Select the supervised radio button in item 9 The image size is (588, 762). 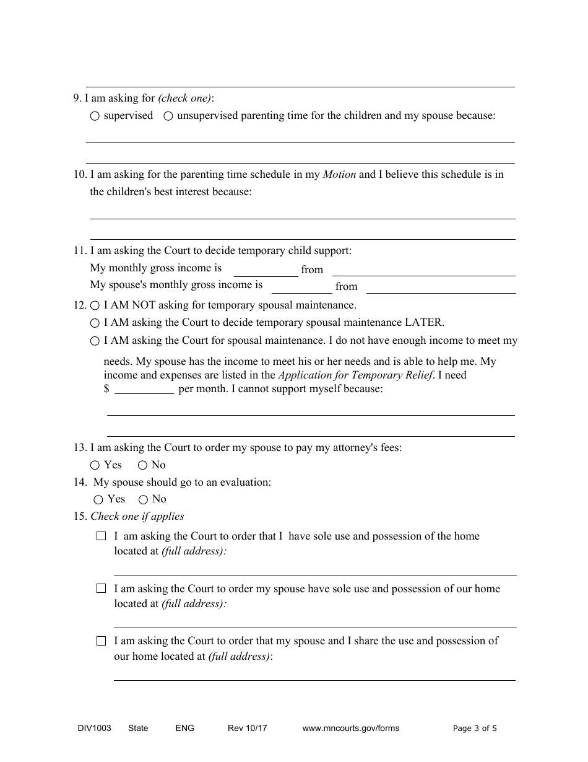pyautogui.click(x=95, y=116)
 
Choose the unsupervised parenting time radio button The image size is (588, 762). pyautogui.click(x=168, y=116)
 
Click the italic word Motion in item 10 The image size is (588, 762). pyautogui.click(x=339, y=175)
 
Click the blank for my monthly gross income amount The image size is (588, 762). pyautogui.click(x=266, y=270)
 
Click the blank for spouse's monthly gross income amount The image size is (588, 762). pyautogui.click(x=301, y=287)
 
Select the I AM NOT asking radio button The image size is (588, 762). pyautogui.click(x=95, y=306)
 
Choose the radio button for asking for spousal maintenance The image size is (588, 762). pyautogui.click(x=95, y=341)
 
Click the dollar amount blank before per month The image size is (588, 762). pyautogui.click(x=144, y=390)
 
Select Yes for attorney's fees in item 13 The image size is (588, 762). pyautogui.click(x=95, y=465)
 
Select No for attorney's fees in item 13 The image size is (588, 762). pyautogui.click(x=142, y=465)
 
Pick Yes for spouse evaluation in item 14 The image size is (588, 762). pyautogui.click(x=98, y=499)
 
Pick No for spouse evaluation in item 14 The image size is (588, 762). pyautogui.click(x=143, y=499)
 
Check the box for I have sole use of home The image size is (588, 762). pyautogui.click(x=102, y=536)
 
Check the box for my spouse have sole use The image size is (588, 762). pyautogui.click(x=102, y=589)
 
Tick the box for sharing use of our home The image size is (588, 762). pyautogui.click(x=102, y=642)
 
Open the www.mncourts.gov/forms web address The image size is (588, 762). pyautogui.click(x=350, y=729)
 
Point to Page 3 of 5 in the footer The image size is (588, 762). pyautogui.click(x=475, y=729)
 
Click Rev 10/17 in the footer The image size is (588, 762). pyautogui.click(x=247, y=729)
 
